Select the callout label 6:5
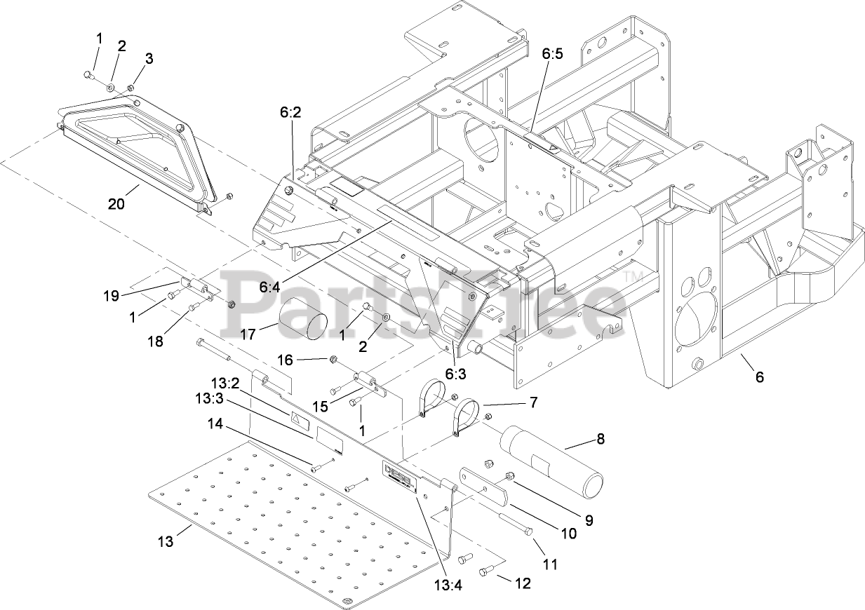click(x=552, y=54)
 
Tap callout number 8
click(x=600, y=439)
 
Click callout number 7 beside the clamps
click(x=533, y=402)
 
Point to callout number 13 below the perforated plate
click(x=165, y=541)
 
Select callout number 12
click(x=523, y=583)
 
